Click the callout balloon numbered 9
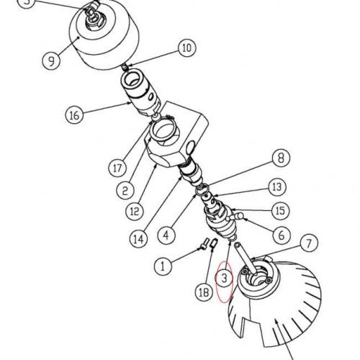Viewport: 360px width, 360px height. (51, 61)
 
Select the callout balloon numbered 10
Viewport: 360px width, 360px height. (186, 49)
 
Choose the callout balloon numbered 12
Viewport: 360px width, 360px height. (135, 212)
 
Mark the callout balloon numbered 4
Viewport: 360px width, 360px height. (166, 234)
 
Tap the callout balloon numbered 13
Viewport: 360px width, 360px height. (277, 186)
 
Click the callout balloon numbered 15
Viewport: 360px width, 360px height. (279, 210)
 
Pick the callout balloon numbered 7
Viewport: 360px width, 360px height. (307, 243)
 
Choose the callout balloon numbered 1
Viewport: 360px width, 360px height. (163, 265)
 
